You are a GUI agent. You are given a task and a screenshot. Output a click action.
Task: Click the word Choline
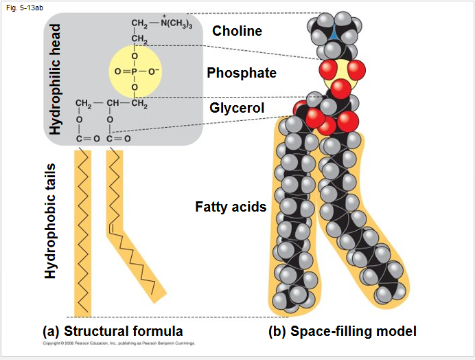[x=237, y=31]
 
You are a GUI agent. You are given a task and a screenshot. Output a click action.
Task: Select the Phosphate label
[x=242, y=73]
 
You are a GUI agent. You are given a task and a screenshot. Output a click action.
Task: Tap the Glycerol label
[x=237, y=108]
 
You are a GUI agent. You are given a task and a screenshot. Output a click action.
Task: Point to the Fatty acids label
[x=231, y=207]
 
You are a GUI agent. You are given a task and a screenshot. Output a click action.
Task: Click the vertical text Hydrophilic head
[x=56, y=79]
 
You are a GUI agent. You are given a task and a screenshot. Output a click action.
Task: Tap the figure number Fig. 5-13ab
[x=21, y=8]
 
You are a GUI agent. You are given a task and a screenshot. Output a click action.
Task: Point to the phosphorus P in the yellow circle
[x=135, y=71]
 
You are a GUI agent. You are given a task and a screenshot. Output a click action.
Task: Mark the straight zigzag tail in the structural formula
[x=82, y=234]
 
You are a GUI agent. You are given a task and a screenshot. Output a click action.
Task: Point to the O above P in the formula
[x=135, y=55]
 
